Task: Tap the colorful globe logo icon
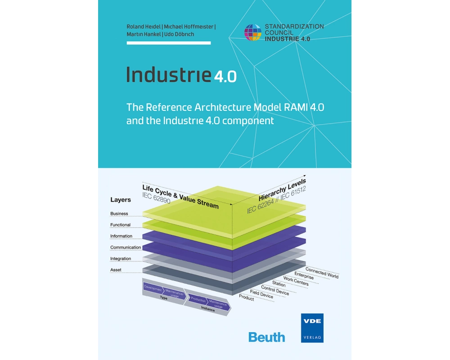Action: pos(253,32)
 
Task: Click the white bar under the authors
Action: pos(169,43)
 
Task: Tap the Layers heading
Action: pos(121,200)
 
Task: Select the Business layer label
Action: pos(119,214)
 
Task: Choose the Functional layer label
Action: pos(120,225)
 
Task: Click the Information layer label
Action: pos(121,236)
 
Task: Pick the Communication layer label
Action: pos(126,247)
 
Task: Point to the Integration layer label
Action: pos(121,259)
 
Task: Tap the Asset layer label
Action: pos(116,270)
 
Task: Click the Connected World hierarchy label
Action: pos(322,273)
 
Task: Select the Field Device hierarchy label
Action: pos(261,294)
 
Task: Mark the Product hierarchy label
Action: pos(247,297)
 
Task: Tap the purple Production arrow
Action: pos(198,300)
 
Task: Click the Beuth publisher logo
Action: pos(266,337)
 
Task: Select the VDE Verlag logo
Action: pos(312,328)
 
